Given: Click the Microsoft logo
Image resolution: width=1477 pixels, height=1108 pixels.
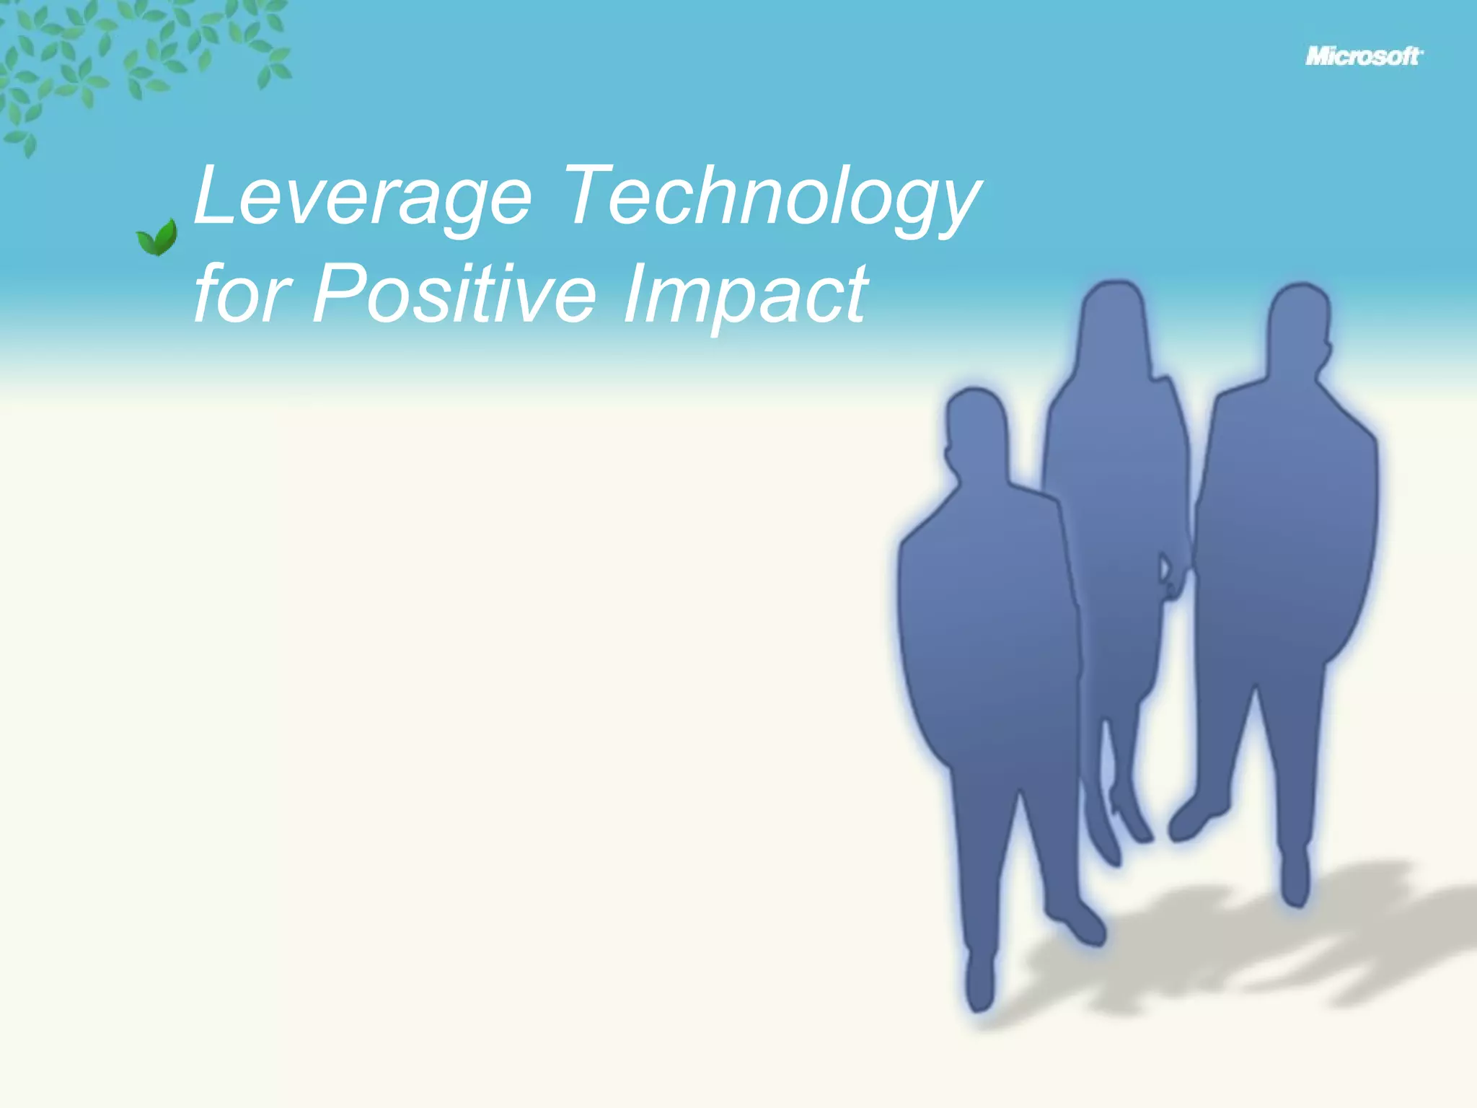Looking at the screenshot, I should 1363,56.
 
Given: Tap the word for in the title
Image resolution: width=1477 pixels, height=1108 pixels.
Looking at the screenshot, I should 242,294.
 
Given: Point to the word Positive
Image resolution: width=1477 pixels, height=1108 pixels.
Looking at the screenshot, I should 454,294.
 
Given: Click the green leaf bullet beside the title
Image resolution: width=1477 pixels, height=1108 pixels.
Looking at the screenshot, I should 157,238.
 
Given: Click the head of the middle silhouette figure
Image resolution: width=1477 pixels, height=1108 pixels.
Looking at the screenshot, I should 1114,317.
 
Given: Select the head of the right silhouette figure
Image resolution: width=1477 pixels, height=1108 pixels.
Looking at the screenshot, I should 1298,321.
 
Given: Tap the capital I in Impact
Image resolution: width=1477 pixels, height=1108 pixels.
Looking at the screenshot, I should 635,294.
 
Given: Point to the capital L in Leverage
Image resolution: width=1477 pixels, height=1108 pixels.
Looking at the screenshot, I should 213,195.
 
